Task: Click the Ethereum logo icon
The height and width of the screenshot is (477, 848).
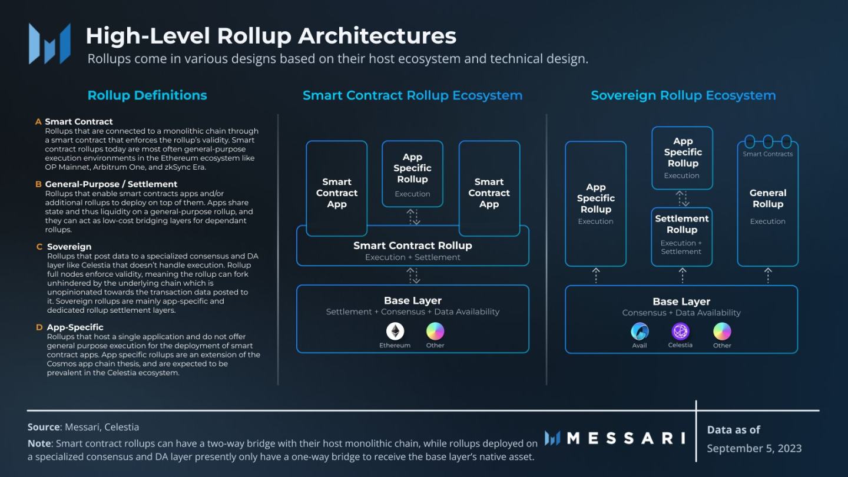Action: point(395,331)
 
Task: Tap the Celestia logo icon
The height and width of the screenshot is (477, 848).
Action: point(680,331)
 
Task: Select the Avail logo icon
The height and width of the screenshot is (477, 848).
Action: point(640,331)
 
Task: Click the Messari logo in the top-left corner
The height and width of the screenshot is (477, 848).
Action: point(50,44)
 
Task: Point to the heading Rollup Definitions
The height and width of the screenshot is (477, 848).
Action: point(147,95)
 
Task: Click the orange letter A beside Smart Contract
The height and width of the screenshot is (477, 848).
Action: point(38,122)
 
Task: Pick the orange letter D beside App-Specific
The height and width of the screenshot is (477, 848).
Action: point(39,327)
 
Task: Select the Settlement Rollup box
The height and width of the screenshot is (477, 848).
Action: point(682,236)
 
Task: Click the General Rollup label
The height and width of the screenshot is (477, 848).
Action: point(768,198)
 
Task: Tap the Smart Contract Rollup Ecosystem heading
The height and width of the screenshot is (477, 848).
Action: point(412,95)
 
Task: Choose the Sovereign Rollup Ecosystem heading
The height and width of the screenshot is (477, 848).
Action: point(683,95)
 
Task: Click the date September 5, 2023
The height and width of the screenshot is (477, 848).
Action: point(754,448)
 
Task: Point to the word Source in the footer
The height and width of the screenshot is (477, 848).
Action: point(44,427)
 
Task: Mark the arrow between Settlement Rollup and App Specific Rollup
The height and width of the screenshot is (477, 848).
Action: point(681,198)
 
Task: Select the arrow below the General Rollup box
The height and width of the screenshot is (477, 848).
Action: point(768,275)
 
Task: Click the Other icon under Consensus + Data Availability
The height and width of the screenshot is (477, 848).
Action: point(722,331)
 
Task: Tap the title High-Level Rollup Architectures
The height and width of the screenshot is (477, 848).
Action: point(271,36)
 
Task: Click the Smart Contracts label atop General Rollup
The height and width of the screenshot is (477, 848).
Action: point(768,154)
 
